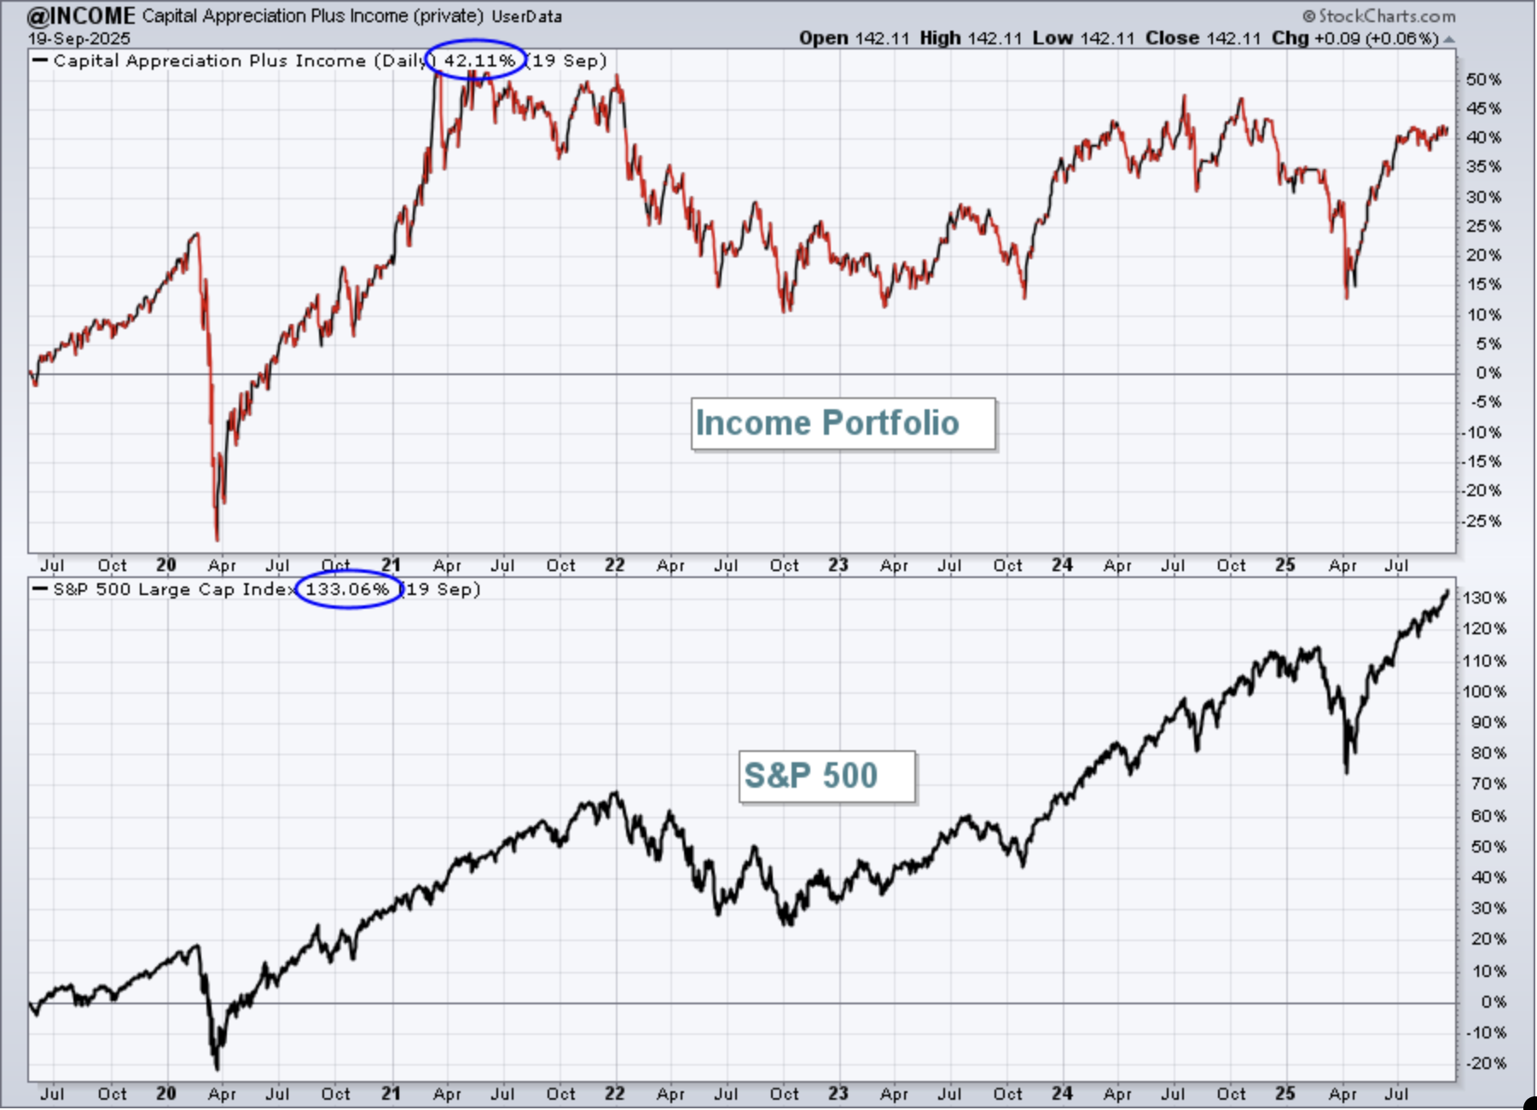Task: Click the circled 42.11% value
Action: coord(479,61)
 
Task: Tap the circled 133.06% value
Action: coord(347,589)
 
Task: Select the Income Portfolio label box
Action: coord(843,424)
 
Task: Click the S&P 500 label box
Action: coord(826,777)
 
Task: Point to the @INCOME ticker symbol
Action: coord(81,15)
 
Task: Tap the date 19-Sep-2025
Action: coord(78,39)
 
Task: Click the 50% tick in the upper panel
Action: coord(1483,79)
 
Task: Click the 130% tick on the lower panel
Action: coord(1485,598)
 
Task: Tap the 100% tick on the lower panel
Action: coord(1485,691)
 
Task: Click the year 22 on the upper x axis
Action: coord(615,565)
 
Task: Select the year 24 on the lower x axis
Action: coord(1062,1094)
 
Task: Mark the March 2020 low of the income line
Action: coord(217,540)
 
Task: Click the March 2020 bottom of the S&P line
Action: coord(217,1069)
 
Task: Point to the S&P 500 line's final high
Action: coord(1447,591)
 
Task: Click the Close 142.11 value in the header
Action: coord(1203,38)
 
